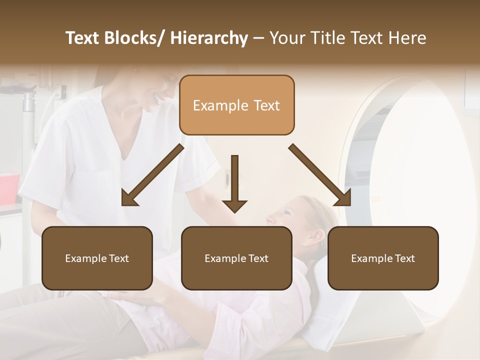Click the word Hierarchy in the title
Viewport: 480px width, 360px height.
208,38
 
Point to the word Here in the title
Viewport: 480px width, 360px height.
408,38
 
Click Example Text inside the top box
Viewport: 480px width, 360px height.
236,105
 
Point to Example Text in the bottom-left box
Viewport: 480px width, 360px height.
97,258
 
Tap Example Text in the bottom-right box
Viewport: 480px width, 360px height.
383,258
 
